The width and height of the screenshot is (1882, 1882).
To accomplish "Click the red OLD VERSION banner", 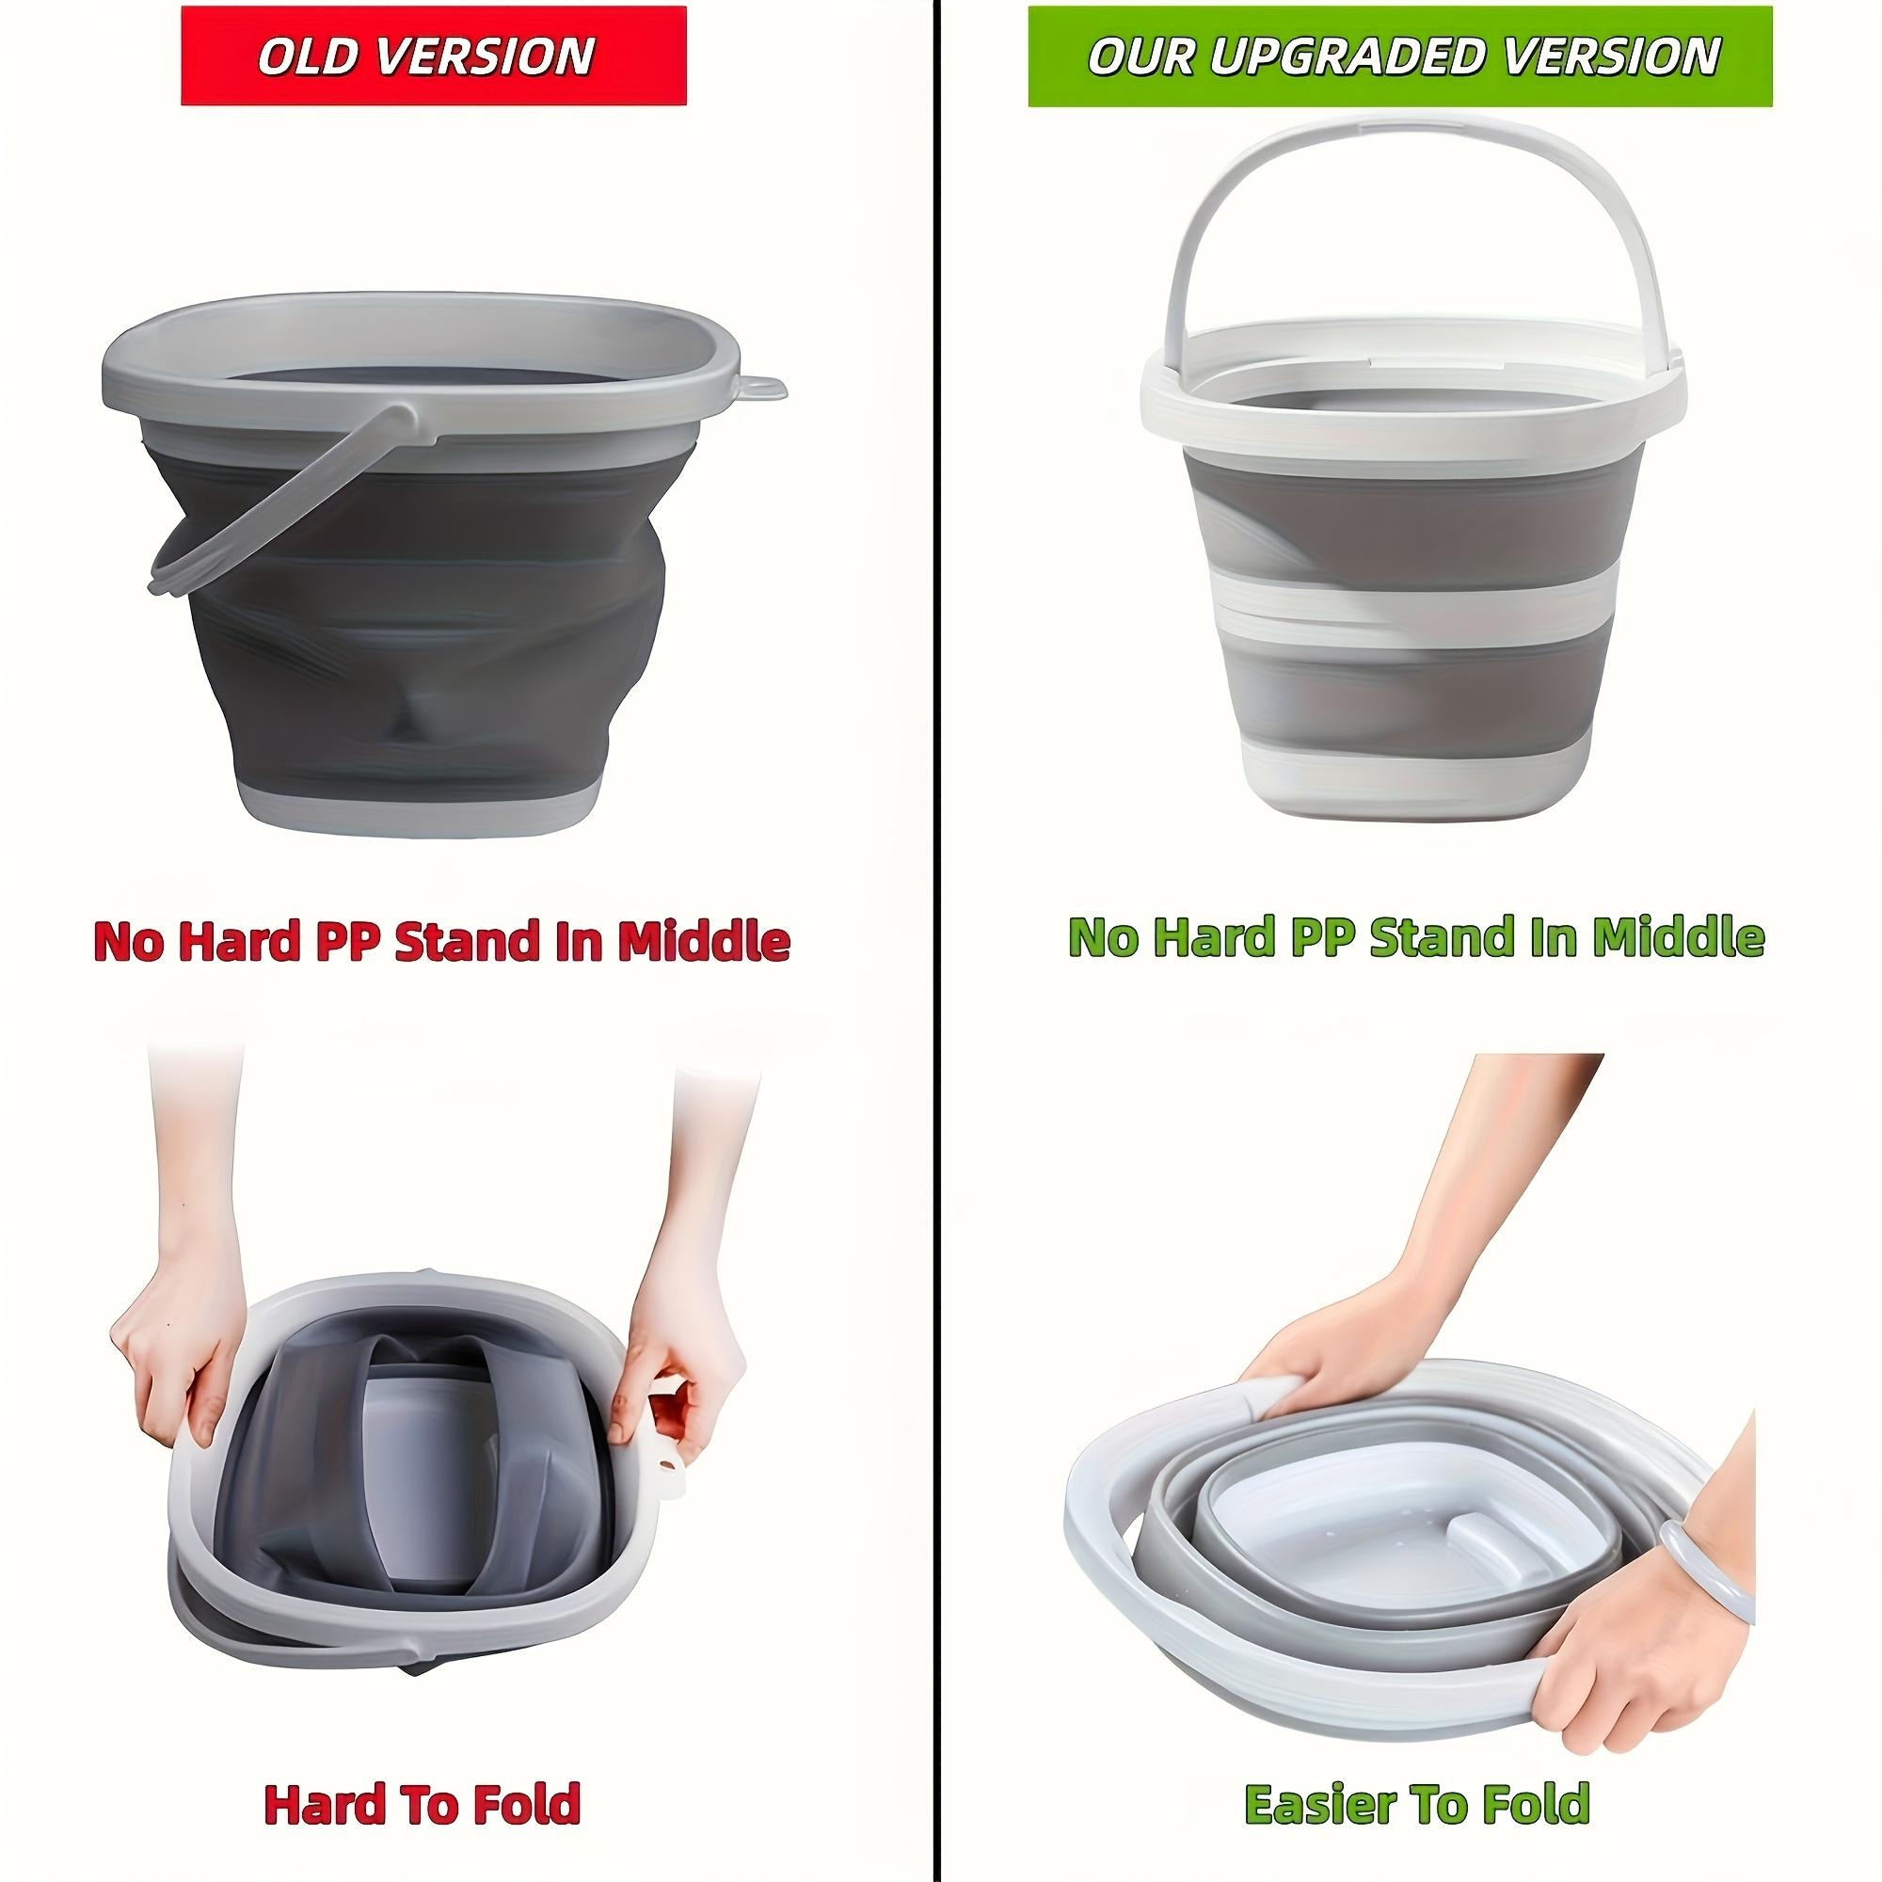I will click(x=434, y=56).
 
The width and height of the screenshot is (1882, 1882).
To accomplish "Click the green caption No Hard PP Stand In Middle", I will click(x=1416, y=936).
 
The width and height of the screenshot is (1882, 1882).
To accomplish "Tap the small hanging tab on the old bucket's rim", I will click(x=766, y=388).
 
